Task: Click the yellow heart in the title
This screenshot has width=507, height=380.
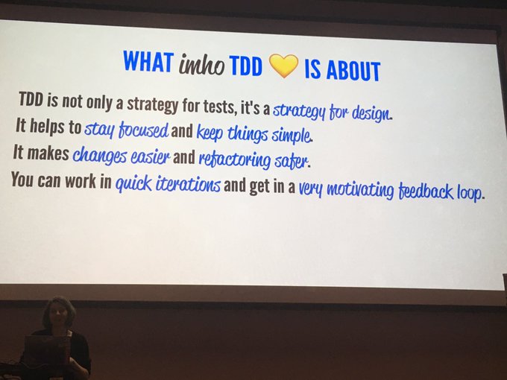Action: [283, 66]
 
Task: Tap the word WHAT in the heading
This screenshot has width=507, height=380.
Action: [148, 61]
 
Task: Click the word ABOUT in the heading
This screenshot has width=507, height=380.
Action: [353, 70]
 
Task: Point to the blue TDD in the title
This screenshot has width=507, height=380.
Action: [246, 66]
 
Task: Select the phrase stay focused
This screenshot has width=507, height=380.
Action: [127, 130]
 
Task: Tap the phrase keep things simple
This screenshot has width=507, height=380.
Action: [254, 134]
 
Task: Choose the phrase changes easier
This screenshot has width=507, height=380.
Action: [121, 155]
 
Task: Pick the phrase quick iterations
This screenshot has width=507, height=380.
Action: [169, 184]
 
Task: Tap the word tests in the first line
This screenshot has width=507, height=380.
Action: [218, 106]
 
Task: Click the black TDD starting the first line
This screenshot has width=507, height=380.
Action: [31, 99]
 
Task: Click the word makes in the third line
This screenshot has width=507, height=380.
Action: [48, 152]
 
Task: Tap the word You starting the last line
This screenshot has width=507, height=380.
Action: [22, 179]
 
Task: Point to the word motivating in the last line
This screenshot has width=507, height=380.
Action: [360, 189]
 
